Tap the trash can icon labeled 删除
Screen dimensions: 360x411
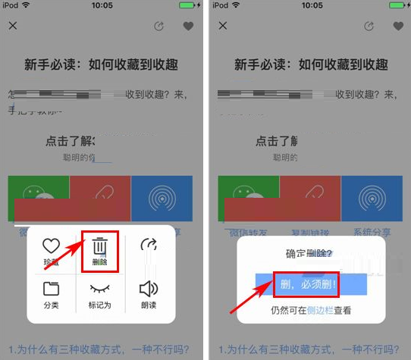coord(100,247)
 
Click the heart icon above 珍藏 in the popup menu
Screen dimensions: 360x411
coord(51,246)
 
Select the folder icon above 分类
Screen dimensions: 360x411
coord(51,289)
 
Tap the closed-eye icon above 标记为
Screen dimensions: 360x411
coord(100,289)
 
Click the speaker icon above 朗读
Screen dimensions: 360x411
coord(149,289)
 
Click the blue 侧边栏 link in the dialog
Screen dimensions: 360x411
coord(322,310)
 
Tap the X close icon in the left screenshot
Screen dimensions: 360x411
coord(14,26)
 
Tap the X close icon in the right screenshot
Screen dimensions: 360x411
coord(223,26)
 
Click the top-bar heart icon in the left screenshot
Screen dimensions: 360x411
coord(189,26)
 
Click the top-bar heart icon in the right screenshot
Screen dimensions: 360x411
coord(397,26)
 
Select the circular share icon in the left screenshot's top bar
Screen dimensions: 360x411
coord(158,26)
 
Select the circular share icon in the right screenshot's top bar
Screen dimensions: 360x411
coord(369,26)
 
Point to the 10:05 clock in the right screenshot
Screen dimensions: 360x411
coord(311,5)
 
